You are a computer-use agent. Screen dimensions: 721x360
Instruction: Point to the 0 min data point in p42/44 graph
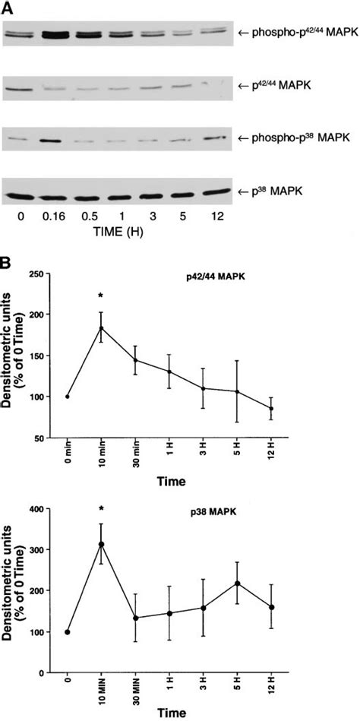[68, 397]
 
